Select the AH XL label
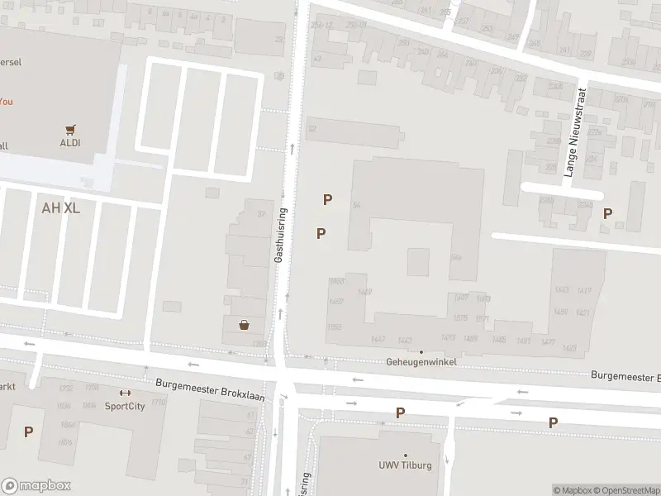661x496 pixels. click(x=60, y=207)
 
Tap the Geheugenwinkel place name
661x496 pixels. click(x=421, y=363)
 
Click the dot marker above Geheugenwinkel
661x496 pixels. click(x=421, y=352)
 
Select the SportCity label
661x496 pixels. click(x=125, y=406)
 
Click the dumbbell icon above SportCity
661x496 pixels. click(x=125, y=393)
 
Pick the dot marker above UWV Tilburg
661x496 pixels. click(x=405, y=455)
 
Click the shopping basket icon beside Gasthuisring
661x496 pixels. click(x=245, y=325)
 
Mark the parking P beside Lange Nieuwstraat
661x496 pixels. click(x=607, y=213)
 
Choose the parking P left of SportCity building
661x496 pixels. click(x=28, y=432)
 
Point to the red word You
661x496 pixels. click(x=6, y=101)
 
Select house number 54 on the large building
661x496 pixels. click(x=357, y=205)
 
